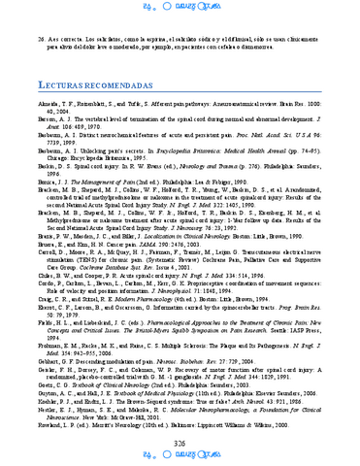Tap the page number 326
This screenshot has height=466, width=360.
pyautogui.click(x=180, y=443)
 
